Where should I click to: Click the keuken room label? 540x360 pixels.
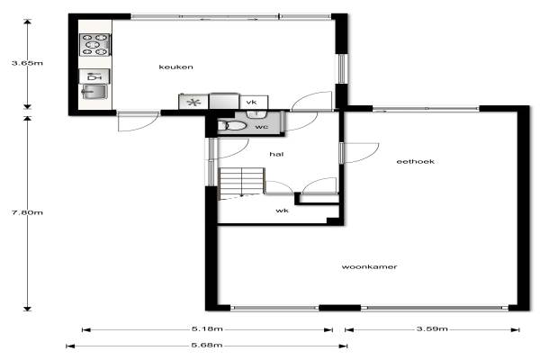[175, 67]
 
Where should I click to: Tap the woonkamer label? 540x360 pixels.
[369, 266]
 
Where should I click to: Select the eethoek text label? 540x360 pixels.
[415, 161]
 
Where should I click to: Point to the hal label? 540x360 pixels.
[276, 154]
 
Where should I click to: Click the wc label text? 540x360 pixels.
[262, 127]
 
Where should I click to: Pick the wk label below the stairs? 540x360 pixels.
[282, 211]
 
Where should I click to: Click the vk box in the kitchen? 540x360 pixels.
[254, 103]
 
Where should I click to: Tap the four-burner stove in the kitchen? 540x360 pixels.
[94, 44]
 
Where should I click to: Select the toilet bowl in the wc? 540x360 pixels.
[232, 126]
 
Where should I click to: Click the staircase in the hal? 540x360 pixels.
[242, 184]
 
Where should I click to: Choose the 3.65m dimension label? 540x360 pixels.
[27, 63]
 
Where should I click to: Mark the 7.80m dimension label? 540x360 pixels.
[27, 212]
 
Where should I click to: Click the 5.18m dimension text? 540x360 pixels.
[207, 329]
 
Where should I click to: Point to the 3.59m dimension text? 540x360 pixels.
[432, 329]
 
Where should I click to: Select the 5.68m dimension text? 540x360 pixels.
[207, 346]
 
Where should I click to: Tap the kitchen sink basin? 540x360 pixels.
[94, 92]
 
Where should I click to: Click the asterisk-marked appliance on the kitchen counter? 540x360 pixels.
[193, 102]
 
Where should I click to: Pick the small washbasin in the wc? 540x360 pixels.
[256, 114]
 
